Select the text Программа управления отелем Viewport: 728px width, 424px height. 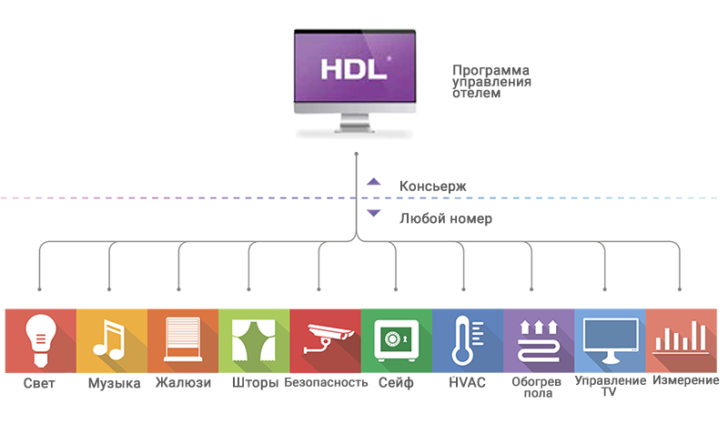click(x=491, y=81)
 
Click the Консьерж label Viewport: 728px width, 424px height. click(x=433, y=187)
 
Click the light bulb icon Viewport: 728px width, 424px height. click(x=39, y=336)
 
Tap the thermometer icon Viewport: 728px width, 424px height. click(x=465, y=338)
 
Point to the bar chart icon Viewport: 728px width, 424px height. click(x=681, y=338)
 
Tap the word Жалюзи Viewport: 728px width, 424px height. click(x=183, y=383)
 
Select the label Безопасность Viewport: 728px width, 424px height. click(x=326, y=383)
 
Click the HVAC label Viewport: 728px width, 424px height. click(x=467, y=383)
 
